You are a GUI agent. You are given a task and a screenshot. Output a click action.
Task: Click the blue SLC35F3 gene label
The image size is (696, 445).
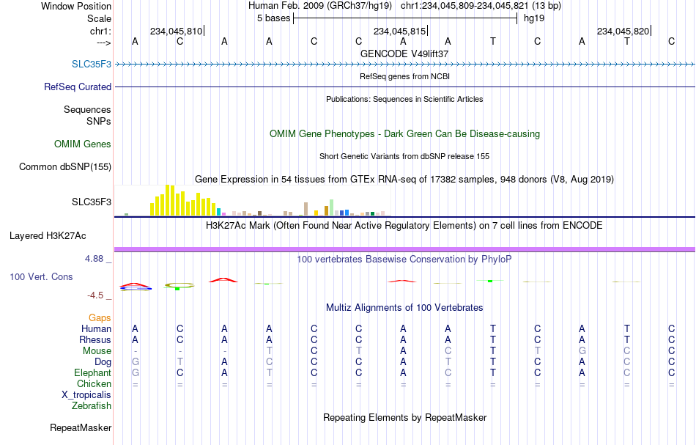92,64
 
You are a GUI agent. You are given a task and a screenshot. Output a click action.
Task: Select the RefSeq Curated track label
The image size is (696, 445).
78,87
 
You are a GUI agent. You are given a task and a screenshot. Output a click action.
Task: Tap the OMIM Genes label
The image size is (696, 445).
83,144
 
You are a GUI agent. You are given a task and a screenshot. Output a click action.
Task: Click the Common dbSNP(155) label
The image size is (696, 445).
65,166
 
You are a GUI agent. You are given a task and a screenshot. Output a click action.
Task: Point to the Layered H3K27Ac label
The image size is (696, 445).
48,236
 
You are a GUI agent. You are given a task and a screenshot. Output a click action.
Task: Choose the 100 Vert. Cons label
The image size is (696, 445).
41,276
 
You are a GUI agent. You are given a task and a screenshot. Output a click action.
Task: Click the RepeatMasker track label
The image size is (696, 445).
81,427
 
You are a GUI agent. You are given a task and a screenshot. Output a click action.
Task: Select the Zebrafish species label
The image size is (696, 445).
92,405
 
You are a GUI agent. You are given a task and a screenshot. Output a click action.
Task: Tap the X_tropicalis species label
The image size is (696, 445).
86,395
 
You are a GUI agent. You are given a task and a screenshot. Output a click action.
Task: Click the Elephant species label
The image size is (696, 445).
93,372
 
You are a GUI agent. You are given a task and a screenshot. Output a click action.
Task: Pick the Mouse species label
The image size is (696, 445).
97,351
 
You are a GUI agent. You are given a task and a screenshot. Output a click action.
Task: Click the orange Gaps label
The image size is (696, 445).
100,317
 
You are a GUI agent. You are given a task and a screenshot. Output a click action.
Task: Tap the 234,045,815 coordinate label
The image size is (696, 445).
399,31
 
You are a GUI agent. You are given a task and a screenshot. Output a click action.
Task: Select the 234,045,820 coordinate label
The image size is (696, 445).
623,31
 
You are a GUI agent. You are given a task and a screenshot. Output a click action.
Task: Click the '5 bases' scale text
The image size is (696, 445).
273,18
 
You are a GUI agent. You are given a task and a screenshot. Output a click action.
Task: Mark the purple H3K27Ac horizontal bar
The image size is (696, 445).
405,249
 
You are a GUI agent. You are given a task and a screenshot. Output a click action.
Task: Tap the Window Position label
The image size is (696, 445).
76,6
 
